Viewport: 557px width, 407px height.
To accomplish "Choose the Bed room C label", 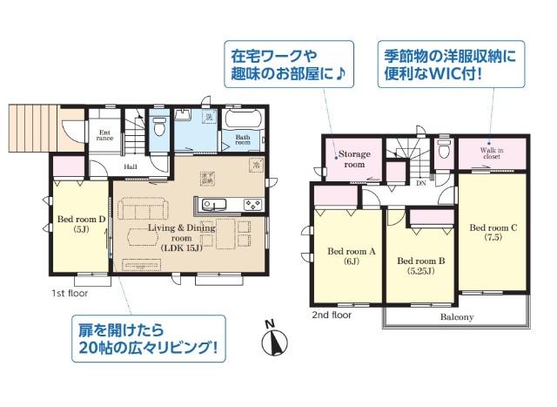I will tap(493, 233).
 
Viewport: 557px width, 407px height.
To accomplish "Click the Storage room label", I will tap(355, 159).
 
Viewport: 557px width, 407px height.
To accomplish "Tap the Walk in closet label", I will tap(491, 154).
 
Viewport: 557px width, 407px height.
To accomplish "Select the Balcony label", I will tap(456, 317).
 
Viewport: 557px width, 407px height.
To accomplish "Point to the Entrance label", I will tap(104, 136).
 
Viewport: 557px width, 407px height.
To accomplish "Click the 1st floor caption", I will tap(64, 295).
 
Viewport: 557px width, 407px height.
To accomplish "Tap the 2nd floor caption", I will tap(332, 315).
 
